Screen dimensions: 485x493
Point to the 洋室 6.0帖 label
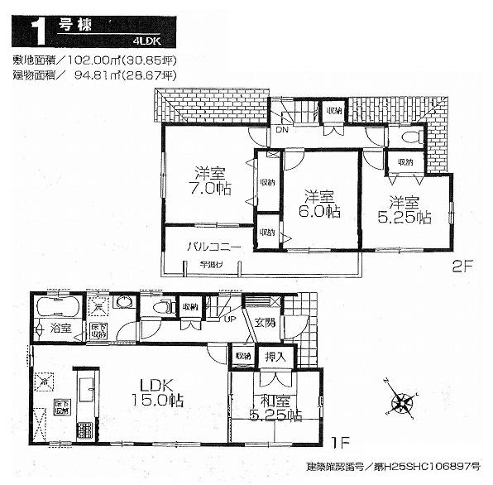318,204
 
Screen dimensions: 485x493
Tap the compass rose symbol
402,405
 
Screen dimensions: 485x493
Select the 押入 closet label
274,356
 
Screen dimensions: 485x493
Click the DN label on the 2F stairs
281,131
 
